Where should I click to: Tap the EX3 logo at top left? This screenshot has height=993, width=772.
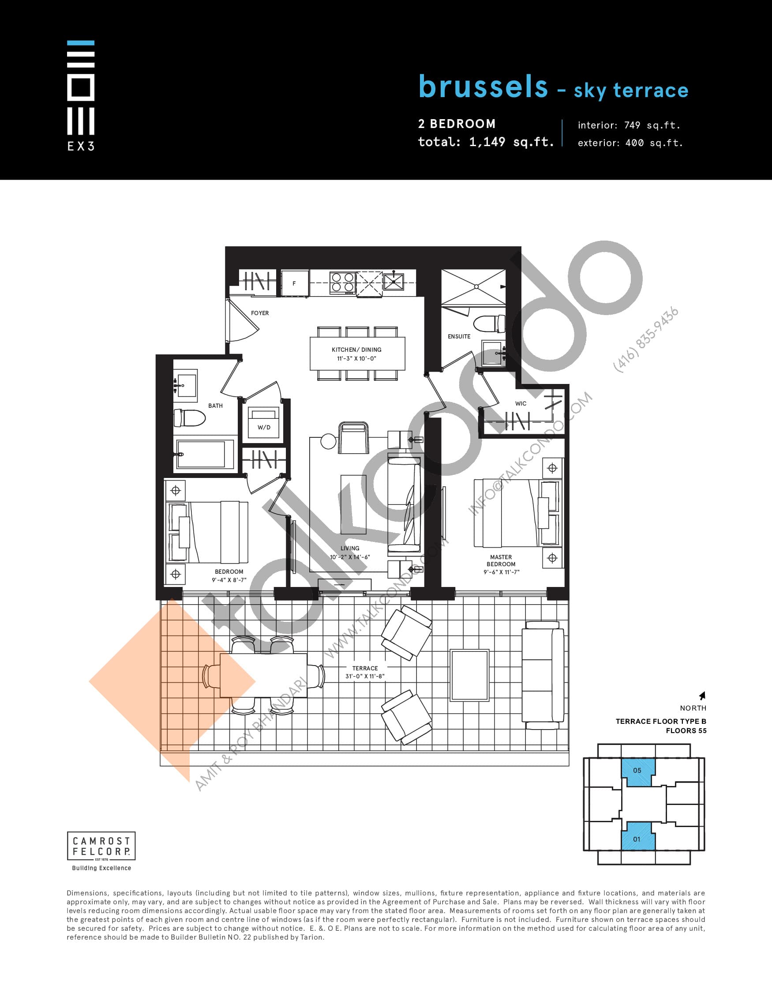pyautogui.click(x=81, y=95)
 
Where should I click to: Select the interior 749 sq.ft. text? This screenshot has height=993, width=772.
pyautogui.click(x=629, y=125)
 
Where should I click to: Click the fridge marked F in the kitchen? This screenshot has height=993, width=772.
pyautogui.click(x=294, y=283)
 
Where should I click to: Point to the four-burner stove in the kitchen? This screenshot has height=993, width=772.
pyautogui.click(x=342, y=282)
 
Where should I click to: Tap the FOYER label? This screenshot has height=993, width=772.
pyautogui.click(x=260, y=313)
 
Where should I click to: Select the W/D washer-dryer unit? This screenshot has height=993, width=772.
pyautogui.click(x=264, y=423)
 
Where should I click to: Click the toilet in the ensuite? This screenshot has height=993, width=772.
pyautogui.click(x=489, y=324)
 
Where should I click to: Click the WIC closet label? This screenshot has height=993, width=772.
pyautogui.click(x=521, y=403)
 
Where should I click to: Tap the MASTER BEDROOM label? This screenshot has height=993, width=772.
pyautogui.click(x=501, y=560)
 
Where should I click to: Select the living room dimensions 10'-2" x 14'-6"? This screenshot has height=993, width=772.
pyautogui.click(x=350, y=557)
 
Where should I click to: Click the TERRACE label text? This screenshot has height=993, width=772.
pyautogui.click(x=365, y=668)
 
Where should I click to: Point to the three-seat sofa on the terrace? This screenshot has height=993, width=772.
pyautogui.click(x=543, y=675)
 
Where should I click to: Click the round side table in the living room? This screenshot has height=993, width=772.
pyautogui.click(x=328, y=440)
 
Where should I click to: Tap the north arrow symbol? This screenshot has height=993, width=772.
pyautogui.click(x=702, y=696)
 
